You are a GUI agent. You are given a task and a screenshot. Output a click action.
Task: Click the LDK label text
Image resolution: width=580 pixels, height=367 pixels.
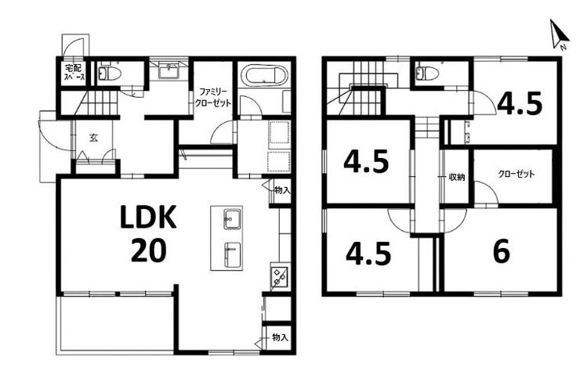(x=148, y=217)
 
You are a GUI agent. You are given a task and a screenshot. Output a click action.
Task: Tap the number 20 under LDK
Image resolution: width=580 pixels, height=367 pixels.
(x=149, y=250)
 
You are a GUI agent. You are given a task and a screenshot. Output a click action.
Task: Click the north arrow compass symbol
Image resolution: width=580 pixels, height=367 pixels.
(x=558, y=34)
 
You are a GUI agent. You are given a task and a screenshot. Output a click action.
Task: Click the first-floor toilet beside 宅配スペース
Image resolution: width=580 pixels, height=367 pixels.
(x=109, y=73)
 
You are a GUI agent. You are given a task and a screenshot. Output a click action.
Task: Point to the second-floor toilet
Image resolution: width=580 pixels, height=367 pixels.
(x=427, y=73)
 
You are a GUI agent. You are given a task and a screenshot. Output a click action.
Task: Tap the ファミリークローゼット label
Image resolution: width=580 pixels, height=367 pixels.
(x=213, y=98)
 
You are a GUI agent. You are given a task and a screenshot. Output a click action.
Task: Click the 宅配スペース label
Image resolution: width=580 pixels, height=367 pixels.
(x=74, y=72)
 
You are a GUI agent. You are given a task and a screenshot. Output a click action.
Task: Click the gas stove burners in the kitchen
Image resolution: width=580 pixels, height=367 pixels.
(x=280, y=276)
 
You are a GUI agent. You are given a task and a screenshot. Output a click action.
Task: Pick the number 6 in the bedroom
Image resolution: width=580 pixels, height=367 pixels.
(x=501, y=251)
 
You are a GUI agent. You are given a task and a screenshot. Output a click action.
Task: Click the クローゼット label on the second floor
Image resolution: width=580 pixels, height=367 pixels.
(x=516, y=174)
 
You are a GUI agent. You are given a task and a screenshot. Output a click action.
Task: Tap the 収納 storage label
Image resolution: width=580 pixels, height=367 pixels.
(x=456, y=177)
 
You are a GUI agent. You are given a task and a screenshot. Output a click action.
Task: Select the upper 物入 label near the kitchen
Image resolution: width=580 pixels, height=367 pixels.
(x=282, y=190)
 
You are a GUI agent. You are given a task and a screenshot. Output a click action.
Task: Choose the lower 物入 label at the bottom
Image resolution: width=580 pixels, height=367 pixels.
(x=280, y=337)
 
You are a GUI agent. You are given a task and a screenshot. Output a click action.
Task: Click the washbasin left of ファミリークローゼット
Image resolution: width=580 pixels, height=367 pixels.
(x=169, y=70)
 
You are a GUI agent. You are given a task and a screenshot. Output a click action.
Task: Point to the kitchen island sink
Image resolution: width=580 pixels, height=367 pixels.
(x=233, y=219)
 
